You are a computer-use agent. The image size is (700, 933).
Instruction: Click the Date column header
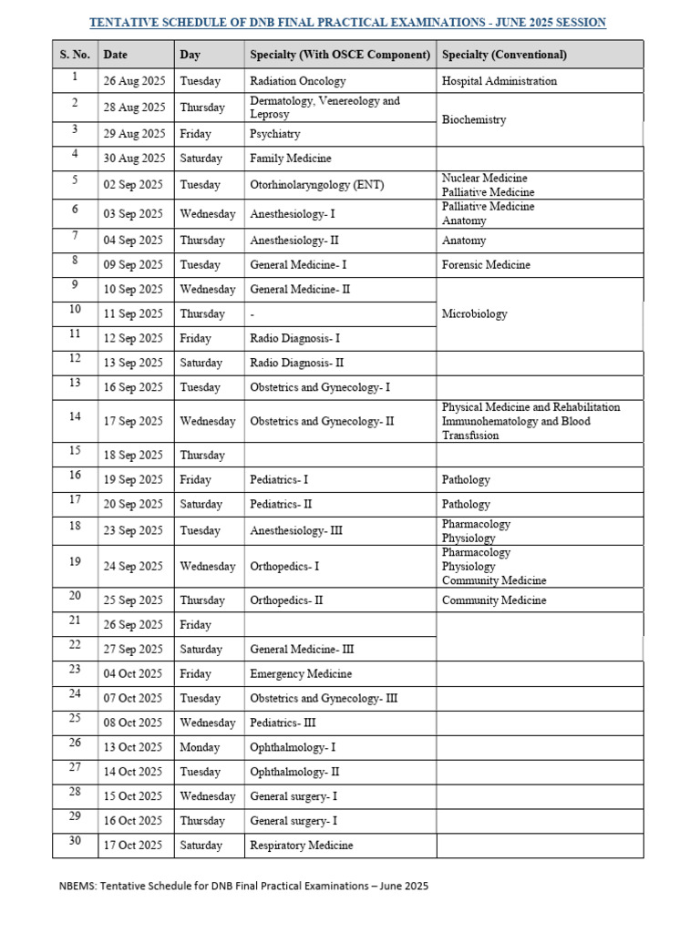tap(115, 55)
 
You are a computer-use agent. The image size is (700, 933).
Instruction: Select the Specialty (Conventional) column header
tap(504, 55)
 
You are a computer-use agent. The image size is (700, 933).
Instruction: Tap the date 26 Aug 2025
tap(135, 81)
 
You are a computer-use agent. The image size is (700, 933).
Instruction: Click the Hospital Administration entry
tap(499, 81)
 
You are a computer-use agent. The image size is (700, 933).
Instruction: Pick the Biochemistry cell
tap(474, 120)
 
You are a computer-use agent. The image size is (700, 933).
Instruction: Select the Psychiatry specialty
tap(275, 134)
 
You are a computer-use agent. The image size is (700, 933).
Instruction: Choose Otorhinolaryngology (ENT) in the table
tap(317, 185)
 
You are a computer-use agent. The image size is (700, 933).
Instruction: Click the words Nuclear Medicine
tap(485, 179)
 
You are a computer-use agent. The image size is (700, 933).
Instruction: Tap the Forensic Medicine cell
tap(486, 265)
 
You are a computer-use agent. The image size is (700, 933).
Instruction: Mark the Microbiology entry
tap(474, 314)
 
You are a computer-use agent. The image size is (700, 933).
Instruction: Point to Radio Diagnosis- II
tap(297, 363)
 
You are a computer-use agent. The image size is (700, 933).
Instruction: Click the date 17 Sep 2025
tap(133, 422)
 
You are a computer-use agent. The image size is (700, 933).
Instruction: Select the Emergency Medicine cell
tap(301, 674)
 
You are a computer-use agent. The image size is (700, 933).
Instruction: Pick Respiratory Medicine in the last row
tap(301, 846)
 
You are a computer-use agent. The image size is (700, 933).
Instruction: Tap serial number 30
tap(75, 841)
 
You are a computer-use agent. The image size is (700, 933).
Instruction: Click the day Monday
tap(201, 748)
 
